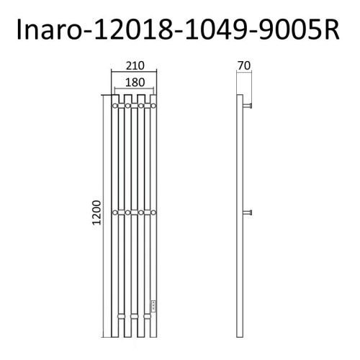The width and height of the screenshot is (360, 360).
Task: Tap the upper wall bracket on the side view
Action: tap(249, 106)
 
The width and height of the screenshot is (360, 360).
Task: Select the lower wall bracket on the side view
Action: tap(249, 212)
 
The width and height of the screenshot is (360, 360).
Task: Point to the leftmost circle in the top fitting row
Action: tap(113, 106)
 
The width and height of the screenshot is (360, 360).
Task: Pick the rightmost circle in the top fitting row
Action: tap(152, 106)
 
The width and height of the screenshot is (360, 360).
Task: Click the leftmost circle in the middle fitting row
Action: tap(113, 212)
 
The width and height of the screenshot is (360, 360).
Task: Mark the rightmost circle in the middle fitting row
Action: tap(152, 212)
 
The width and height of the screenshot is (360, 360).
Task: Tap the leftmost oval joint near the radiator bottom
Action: tap(113, 318)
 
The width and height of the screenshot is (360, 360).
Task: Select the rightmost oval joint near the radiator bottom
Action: tap(152, 318)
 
